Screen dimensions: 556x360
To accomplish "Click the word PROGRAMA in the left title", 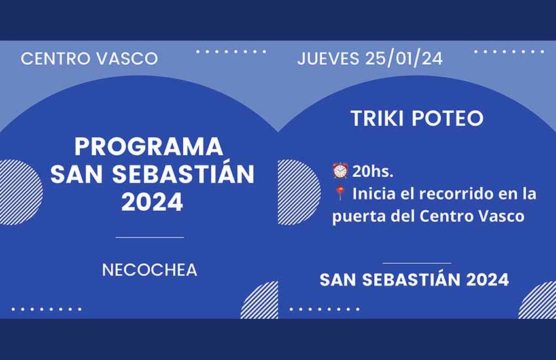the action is pyautogui.click(x=149, y=147).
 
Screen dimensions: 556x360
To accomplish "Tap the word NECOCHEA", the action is pyautogui.click(x=150, y=270).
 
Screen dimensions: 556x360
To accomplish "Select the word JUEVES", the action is pyautogui.click(x=328, y=58).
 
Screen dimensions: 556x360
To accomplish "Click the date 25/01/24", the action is pyautogui.click(x=404, y=58).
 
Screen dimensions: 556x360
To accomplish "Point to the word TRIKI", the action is pyautogui.click(x=377, y=118).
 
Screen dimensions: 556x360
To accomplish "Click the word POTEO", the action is pyautogui.click(x=447, y=118).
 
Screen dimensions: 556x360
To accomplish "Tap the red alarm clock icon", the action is pyautogui.click(x=340, y=171).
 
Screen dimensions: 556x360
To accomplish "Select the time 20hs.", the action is pyautogui.click(x=373, y=171).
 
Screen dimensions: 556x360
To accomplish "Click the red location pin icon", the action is pyautogui.click(x=340, y=194).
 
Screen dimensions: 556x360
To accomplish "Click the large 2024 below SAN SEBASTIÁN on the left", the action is pyautogui.click(x=152, y=202).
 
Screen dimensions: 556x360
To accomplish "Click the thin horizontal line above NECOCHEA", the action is pyautogui.click(x=150, y=238).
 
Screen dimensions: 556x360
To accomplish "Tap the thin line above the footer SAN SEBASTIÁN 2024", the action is pyautogui.click(x=417, y=263).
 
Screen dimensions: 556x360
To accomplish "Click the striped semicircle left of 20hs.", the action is pyautogui.click(x=298, y=192).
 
